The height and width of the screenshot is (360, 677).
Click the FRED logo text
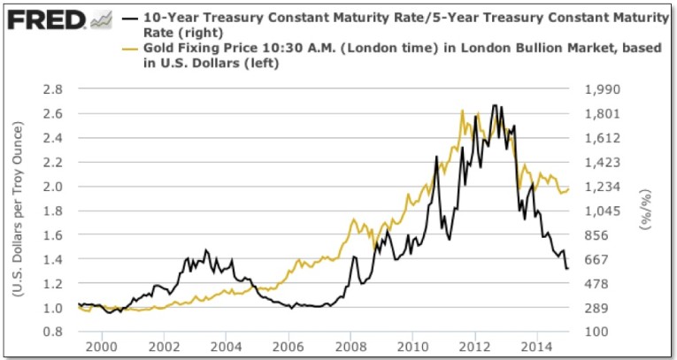click(45, 18)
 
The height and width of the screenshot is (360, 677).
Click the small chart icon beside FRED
click(101, 18)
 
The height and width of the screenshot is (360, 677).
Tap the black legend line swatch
click(129, 17)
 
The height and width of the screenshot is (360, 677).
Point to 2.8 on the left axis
click(54, 89)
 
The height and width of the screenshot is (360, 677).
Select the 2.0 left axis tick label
click(54, 187)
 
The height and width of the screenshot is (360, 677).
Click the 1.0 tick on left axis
click(54, 308)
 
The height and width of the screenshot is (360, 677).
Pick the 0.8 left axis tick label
click(54, 332)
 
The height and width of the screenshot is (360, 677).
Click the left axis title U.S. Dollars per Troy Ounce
click(19, 211)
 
